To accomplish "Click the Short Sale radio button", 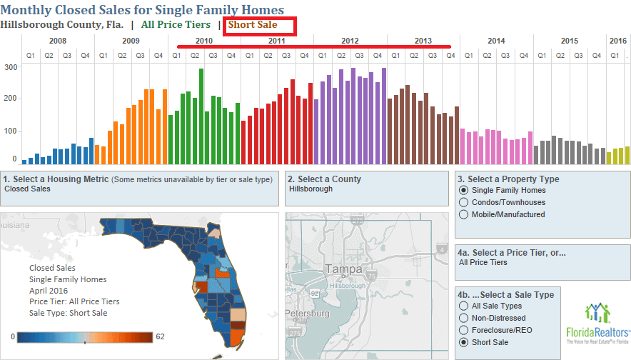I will pos(465,342).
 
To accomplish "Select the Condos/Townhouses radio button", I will pos(465,202).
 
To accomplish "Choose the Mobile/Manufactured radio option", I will pos(465,214).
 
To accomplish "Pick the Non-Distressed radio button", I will pos(465,318).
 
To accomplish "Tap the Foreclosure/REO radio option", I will pos(465,330).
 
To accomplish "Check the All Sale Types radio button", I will pos(465,306).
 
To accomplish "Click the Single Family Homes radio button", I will pos(465,190).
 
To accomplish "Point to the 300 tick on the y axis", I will pos(11,67).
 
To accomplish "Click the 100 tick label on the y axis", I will pos(11,131).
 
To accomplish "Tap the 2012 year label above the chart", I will pos(350,41).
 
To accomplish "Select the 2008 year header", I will pos(58,41).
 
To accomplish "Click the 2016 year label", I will pos(618,41).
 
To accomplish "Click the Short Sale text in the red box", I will pos(252,25).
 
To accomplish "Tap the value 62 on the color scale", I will pos(160,336).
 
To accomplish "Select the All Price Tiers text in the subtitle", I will pos(176,25).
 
